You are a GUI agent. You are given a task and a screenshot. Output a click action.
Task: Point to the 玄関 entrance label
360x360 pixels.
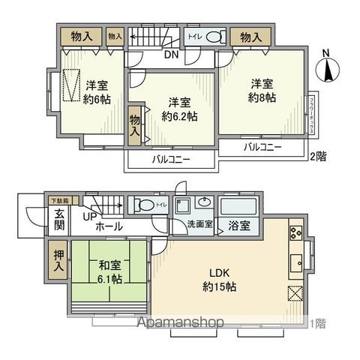pos(59,217)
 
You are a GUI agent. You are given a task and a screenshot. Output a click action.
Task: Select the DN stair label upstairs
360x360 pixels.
pos(170,54)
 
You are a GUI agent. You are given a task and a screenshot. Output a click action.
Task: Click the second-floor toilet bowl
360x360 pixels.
pos(214,36)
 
